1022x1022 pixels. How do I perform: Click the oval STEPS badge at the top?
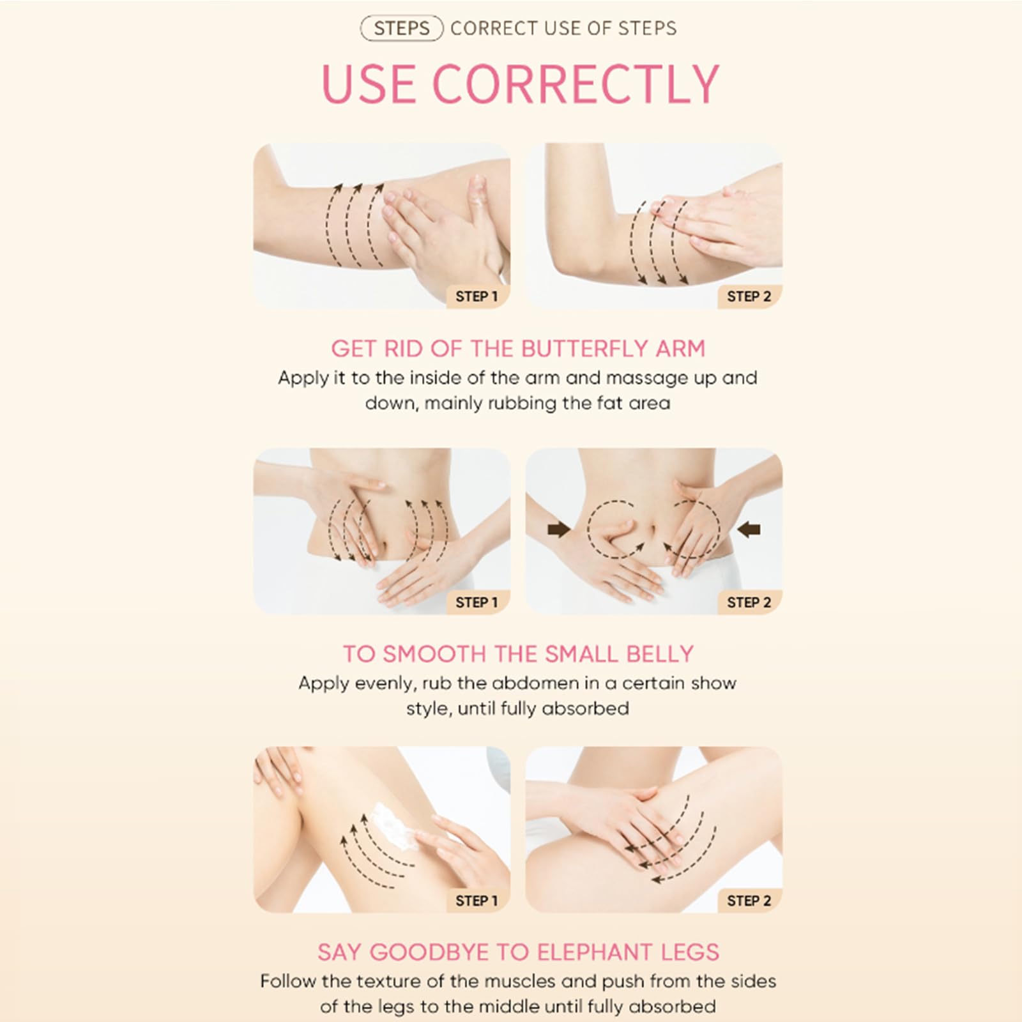402,29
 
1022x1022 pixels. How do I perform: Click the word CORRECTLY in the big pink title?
576,84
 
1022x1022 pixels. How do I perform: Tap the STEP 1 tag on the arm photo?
477,296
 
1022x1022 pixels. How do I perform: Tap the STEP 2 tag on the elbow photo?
749,296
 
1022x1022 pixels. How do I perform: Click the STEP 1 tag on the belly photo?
477,602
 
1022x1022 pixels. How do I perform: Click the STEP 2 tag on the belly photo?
749,602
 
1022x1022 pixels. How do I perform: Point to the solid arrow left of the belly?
559,529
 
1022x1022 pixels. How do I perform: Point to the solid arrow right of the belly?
749,529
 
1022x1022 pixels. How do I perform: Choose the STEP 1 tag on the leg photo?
477,901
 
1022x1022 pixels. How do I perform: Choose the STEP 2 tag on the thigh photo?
749,901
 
